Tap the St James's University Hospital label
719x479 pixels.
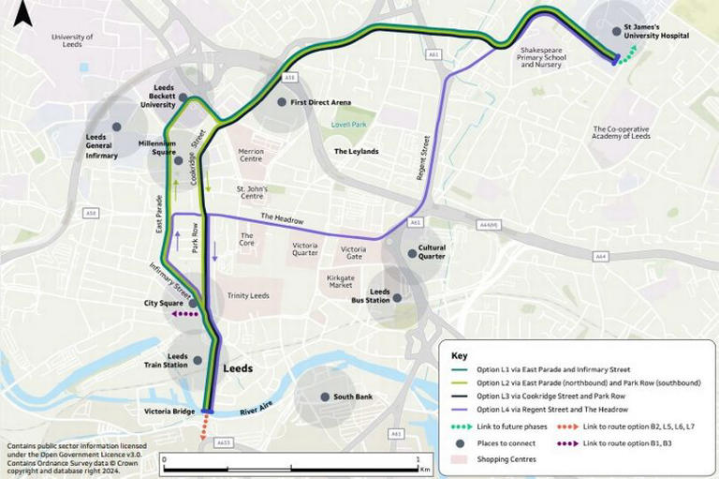pyautogui.click(x=657, y=31)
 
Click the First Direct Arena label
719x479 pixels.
pyautogui.click(x=321, y=102)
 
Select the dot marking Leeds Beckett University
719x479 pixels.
pyautogui.click(x=183, y=97)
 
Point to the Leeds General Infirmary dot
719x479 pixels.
pyautogui.click(x=116, y=127)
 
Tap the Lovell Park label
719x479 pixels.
pyautogui.click(x=353, y=124)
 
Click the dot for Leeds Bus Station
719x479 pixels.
pyautogui.click(x=398, y=298)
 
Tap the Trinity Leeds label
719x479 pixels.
pyautogui.click(x=248, y=295)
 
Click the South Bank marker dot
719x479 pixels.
pyautogui.click(x=324, y=397)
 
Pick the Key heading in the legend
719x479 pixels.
pyautogui.click(x=459, y=356)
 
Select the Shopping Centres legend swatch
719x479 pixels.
pyautogui.click(x=459, y=458)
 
